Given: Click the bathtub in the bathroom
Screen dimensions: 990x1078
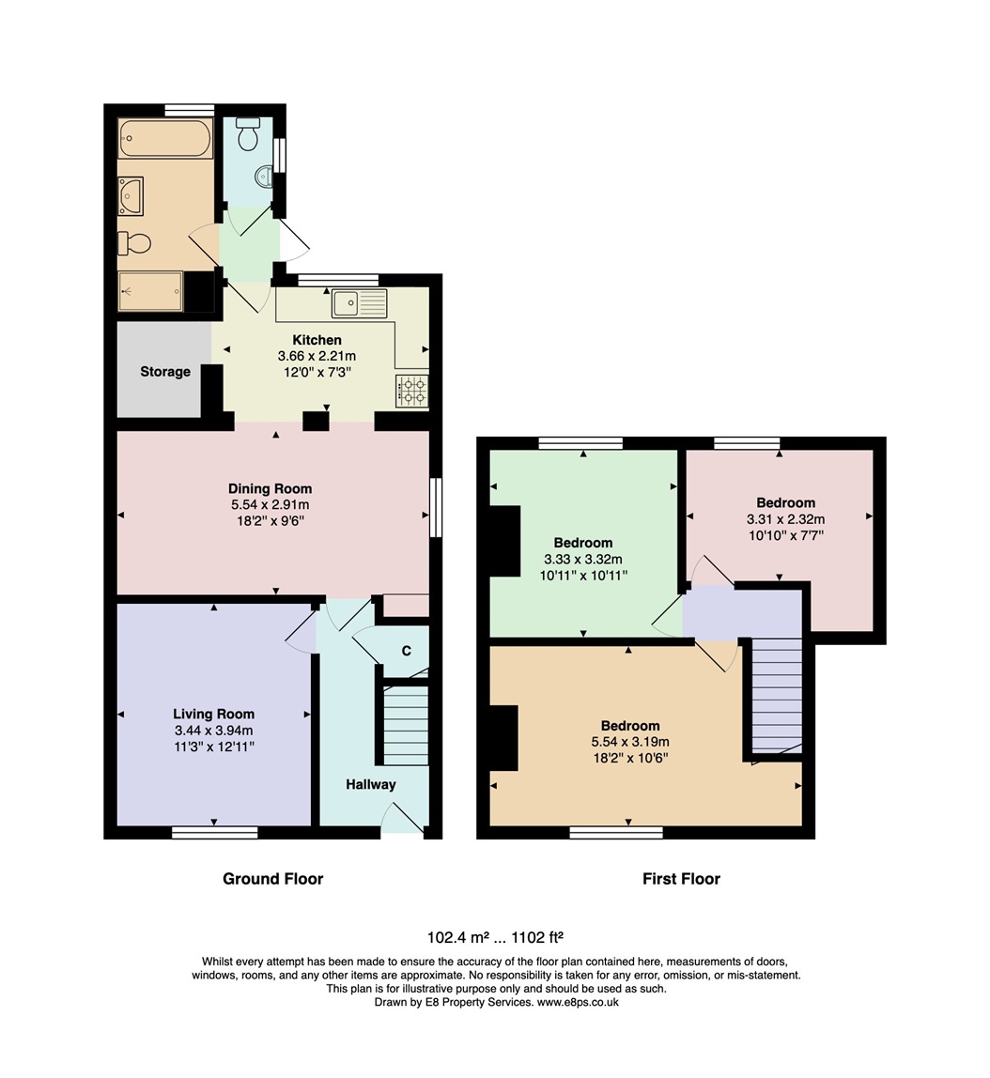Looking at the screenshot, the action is (x=164, y=139).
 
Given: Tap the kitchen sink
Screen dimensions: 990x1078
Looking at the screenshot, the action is (x=359, y=303).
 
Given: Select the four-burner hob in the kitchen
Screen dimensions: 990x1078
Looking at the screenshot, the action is (x=411, y=392).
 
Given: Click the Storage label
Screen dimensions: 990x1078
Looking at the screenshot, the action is (x=165, y=372).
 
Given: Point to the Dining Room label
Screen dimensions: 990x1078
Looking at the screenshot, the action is (x=271, y=489).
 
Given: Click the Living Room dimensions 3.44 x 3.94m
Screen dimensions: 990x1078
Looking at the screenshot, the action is (x=214, y=731).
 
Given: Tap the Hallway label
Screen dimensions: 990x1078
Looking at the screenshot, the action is (x=371, y=784).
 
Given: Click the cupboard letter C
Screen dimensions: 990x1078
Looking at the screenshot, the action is (x=407, y=651).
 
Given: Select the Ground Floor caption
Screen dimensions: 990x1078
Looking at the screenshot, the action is (x=273, y=879).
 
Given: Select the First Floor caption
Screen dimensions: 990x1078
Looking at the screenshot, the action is (x=681, y=879).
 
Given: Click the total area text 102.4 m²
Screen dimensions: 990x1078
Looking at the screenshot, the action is (x=457, y=937).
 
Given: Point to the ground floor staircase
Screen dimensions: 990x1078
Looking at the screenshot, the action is (x=406, y=725).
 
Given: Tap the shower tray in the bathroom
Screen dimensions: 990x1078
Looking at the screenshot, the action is (x=150, y=291).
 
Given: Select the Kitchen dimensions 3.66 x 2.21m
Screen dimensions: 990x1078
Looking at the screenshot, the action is (x=317, y=356).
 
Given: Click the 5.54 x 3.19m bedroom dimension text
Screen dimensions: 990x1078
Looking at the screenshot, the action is (x=630, y=742).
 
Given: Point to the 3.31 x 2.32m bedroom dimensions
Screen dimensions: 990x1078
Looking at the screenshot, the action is (x=786, y=519).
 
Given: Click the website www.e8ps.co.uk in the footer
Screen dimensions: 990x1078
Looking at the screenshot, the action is (x=578, y=1002).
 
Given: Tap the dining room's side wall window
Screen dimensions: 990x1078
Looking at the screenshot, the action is (x=435, y=507).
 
